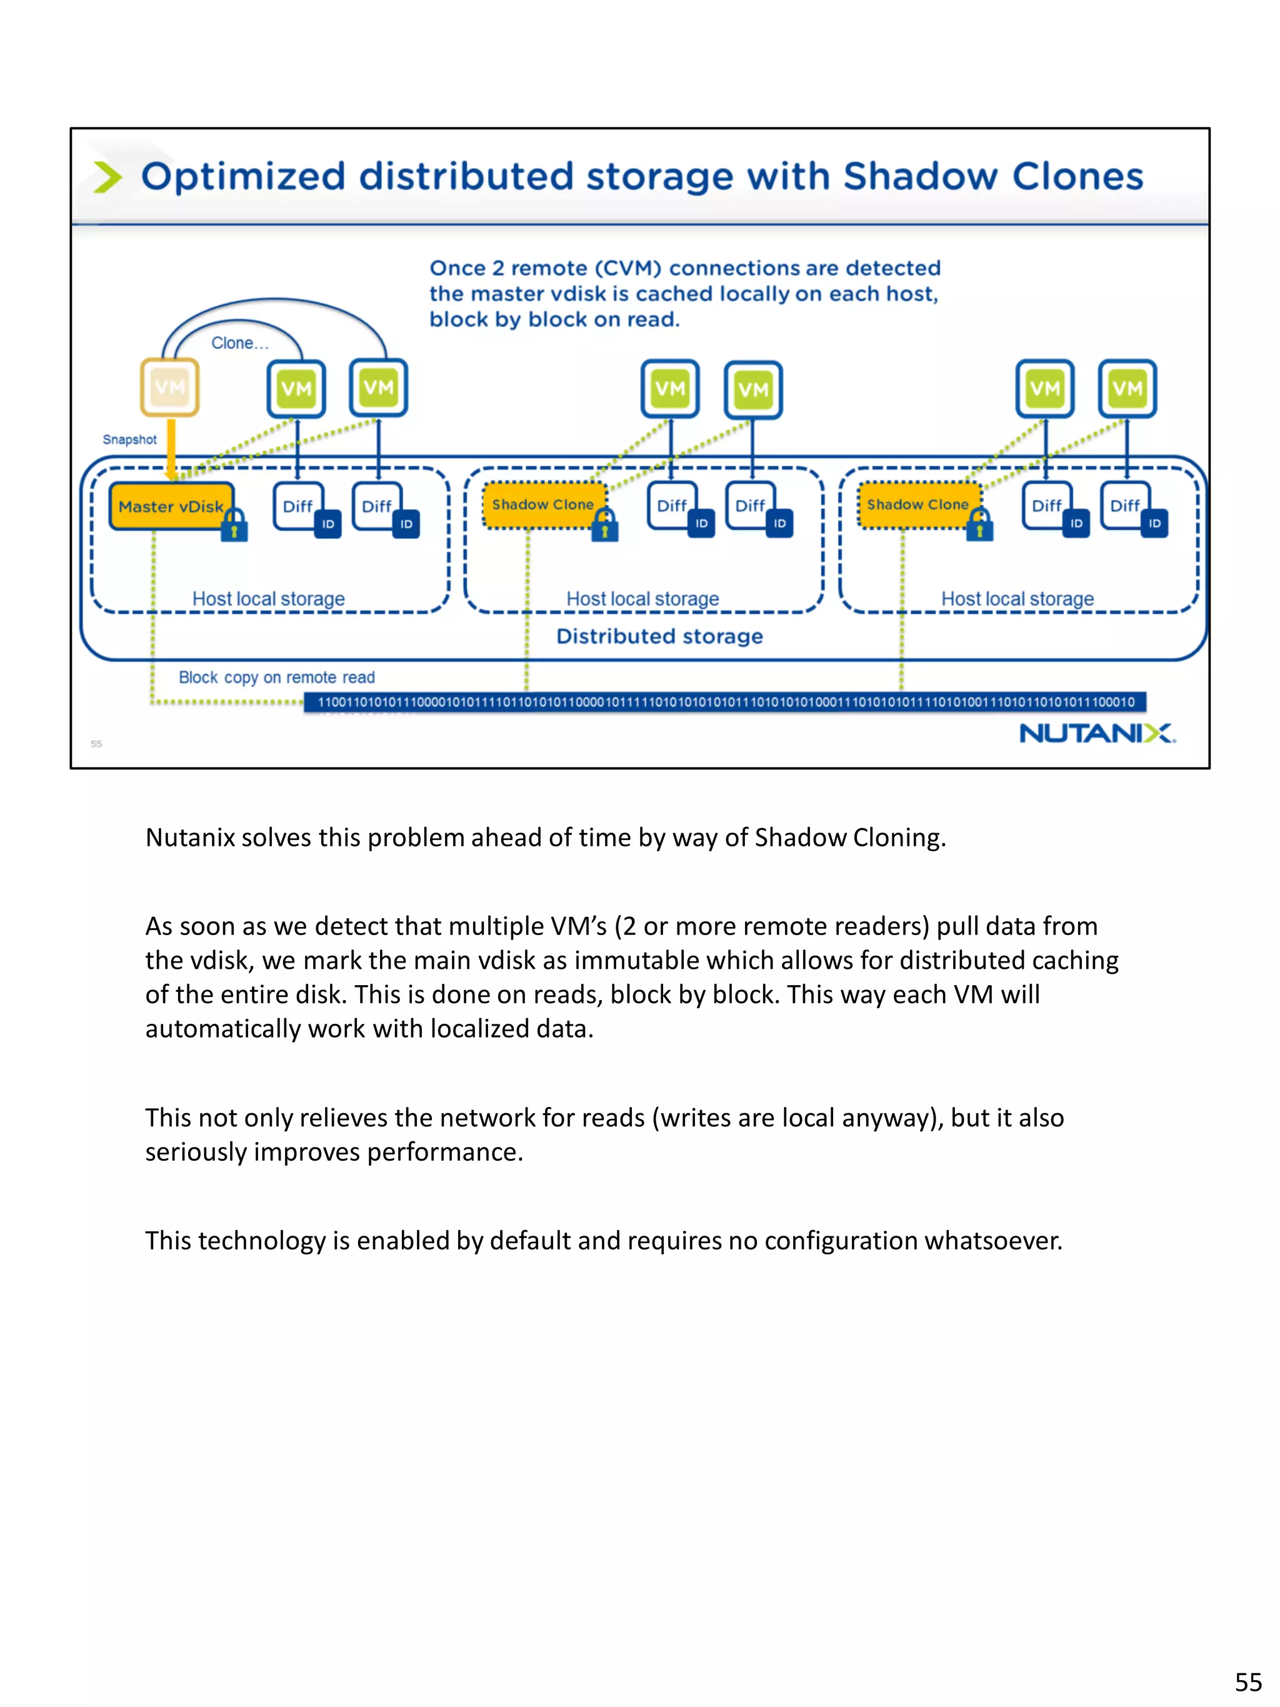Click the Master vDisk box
tap(171, 506)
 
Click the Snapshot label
tap(129, 439)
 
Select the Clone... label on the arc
tap(240, 343)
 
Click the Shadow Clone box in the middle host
tap(543, 504)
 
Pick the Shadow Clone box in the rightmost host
tap(917, 504)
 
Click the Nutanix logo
tap(1096, 733)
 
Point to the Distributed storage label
tap(659, 636)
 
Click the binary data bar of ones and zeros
tap(725, 701)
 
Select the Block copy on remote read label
tap(276, 677)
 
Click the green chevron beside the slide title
tap(107, 177)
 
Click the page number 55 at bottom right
tap(1247, 1681)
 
